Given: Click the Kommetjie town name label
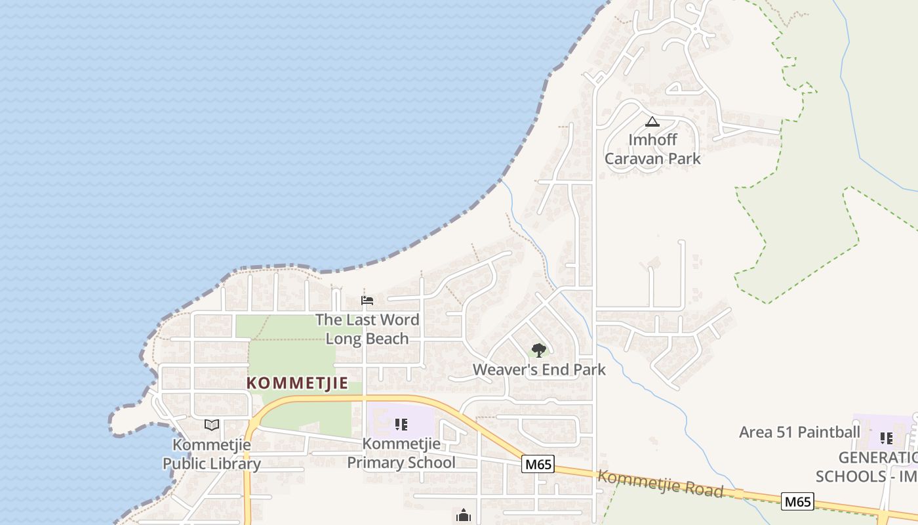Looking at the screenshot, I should [297, 383].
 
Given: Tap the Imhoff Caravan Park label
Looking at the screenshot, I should [652, 149].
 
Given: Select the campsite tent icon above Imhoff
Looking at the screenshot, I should [652, 121].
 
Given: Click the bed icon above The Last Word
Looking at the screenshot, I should [367, 301].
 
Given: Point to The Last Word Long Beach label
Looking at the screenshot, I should [367, 329].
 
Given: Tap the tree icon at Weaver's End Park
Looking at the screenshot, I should [538, 350].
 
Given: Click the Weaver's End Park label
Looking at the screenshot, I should [539, 369].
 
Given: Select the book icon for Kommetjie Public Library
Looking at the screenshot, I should [211, 425].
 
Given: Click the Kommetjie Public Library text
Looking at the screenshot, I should [211, 454].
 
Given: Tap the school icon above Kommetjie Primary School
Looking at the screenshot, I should [401, 425].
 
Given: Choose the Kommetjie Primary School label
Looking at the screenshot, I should [401, 453].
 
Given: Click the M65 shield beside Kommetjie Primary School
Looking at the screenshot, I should [538, 465].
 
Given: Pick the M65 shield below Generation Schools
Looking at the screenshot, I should [798, 502].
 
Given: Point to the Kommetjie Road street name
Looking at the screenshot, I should [660, 484].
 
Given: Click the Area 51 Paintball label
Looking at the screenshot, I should [799, 432].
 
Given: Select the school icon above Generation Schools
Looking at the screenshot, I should [886, 438].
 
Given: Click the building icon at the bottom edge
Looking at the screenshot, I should [464, 516].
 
